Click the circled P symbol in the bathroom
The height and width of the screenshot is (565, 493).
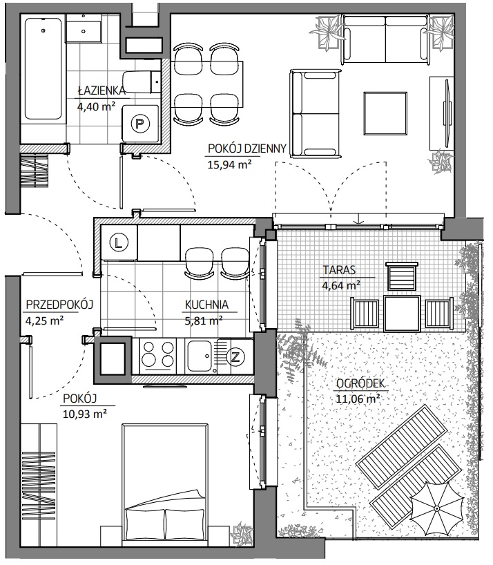coord(139,124)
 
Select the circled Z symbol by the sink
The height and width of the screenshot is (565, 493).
coord(235,357)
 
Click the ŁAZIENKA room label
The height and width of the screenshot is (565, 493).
coord(101,90)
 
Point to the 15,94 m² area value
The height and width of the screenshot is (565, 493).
coord(229,164)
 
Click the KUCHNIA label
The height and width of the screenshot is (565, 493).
coord(206,305)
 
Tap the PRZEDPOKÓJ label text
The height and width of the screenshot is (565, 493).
coord(60,305)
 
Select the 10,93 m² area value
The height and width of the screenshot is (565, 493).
coord(85,414)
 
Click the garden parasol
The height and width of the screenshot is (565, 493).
coord(437,508)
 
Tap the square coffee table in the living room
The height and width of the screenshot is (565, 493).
coord(385,113)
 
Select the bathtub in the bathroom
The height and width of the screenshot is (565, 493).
coord(43,68)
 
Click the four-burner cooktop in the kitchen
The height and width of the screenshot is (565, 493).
coord(158,354)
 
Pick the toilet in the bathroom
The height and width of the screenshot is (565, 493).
coord(141,82)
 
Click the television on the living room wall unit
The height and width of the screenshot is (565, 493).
coord(447,112)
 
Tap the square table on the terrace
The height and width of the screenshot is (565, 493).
coord(402,313)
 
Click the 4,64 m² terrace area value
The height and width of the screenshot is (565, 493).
coord(341,286)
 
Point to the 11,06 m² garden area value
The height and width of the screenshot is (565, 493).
coord(358,399)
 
